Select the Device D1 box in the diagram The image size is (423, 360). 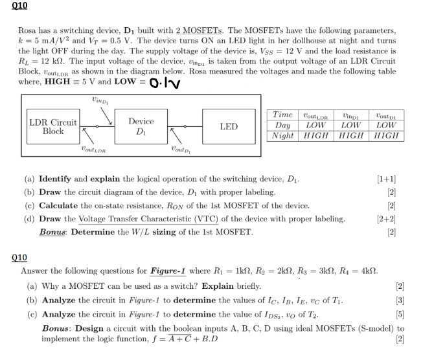coord(141,126)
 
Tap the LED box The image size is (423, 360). coord(229,126)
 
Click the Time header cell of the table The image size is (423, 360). coord(283,115)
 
